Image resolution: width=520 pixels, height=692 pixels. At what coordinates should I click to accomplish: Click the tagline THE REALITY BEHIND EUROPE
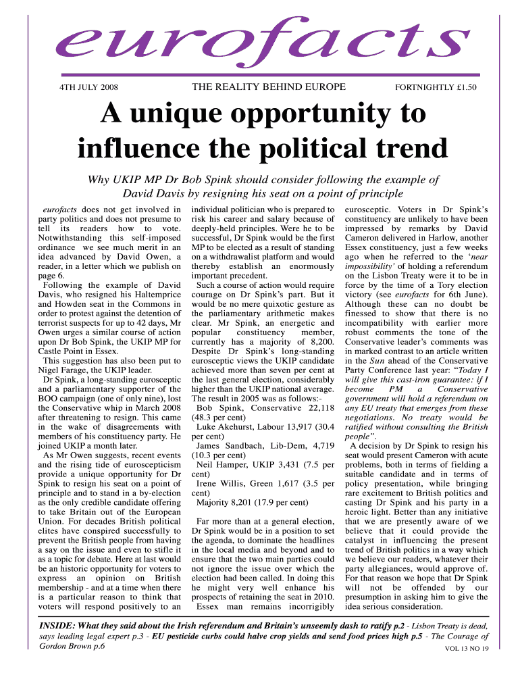point(269,87)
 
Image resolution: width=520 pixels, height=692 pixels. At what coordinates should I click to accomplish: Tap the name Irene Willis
point(219,484)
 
